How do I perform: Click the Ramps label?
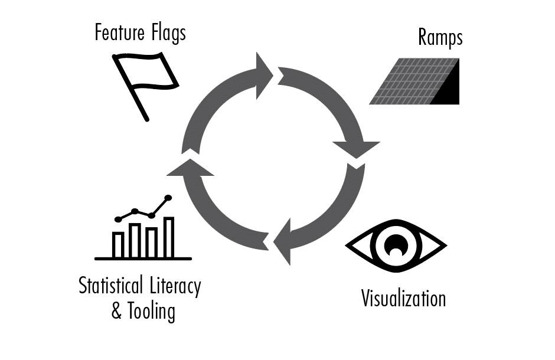tap(440, 38)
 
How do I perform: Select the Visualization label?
tap(403, 298)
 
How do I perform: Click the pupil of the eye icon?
tap(395, 243)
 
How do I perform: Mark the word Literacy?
tap(174, 287)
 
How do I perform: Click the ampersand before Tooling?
tap(117, 311)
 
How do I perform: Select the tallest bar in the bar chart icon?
tap(169, 237)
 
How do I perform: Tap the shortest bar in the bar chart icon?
tap(118, 244)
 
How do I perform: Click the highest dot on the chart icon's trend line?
tap(168, 198)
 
